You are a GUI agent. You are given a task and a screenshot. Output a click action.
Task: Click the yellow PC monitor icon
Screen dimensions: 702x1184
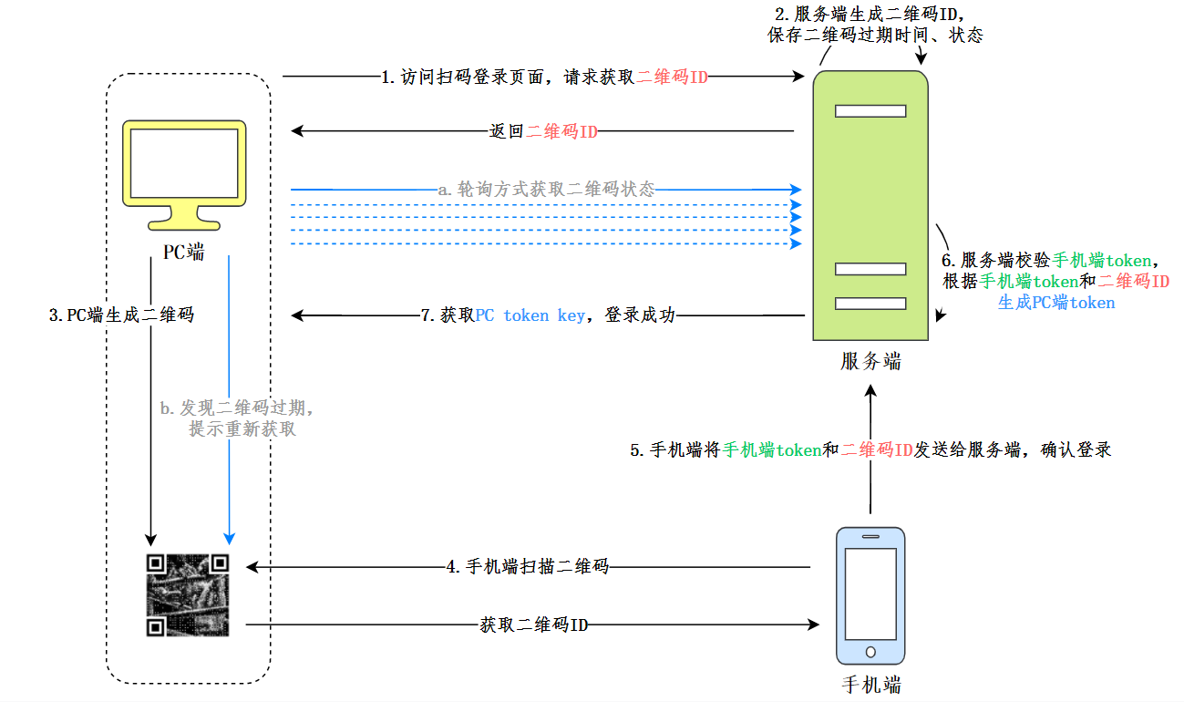pos(187,173)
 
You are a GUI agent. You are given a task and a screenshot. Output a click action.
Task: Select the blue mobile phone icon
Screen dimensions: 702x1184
pos(870,597)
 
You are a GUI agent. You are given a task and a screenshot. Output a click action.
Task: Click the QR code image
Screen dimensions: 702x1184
pos(187,594)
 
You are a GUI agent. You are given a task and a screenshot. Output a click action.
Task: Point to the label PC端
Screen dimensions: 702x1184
pos(184,253)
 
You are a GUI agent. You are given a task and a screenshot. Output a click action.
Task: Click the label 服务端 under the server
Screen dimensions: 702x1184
pos(870,362)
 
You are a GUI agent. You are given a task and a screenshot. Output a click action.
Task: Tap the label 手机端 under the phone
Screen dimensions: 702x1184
pos(871,685)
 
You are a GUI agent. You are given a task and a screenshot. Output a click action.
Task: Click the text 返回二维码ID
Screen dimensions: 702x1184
pos(543,131)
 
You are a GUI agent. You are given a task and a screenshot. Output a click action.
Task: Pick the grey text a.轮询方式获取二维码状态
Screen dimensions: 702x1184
pos(546,190)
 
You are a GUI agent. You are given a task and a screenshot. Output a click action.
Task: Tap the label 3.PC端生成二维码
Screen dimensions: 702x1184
pos(121,315)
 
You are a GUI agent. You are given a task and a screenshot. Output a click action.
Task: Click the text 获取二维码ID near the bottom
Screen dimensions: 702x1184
pos(533,625)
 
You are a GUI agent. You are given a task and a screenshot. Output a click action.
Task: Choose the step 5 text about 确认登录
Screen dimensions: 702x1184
pos(870,449)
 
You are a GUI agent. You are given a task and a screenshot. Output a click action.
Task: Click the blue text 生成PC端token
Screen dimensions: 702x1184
pos(1056,303)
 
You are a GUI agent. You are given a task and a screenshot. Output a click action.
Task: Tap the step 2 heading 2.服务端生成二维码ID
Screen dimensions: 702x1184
pos(870,15)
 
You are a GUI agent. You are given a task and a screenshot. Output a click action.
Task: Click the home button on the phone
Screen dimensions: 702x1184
pos(870,652)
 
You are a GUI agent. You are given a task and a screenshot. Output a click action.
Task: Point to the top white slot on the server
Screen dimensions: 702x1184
pos(870,111)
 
